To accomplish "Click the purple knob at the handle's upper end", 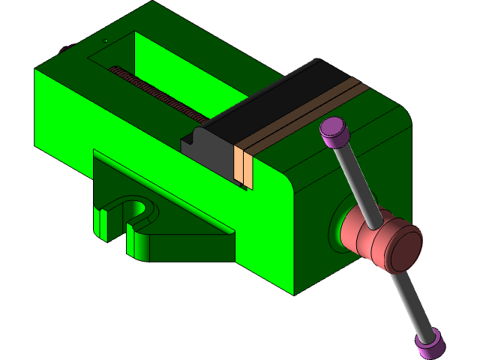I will tap(334, 133).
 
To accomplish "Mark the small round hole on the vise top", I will tap(106, 40).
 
